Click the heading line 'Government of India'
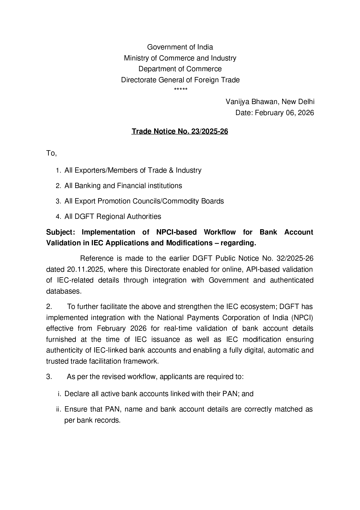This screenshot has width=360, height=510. click(180, 47)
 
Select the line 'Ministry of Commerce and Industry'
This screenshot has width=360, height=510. click(180, 58)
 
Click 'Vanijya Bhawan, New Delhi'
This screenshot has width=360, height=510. click(270, 102)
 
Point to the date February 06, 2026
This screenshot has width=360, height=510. click(284, 113)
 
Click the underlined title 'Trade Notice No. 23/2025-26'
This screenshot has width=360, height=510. click(180, 131)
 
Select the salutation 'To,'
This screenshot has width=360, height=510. click(51, 153)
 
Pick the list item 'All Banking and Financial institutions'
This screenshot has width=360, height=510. click(123, 186)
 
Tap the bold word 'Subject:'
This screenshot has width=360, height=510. click(61, 232)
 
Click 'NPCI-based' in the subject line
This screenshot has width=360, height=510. click(176, 232)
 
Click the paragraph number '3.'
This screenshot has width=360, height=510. click(49, 377)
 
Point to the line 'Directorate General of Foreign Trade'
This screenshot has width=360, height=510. click(180, 80)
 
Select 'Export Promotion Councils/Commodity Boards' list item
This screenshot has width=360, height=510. click(144, 201)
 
